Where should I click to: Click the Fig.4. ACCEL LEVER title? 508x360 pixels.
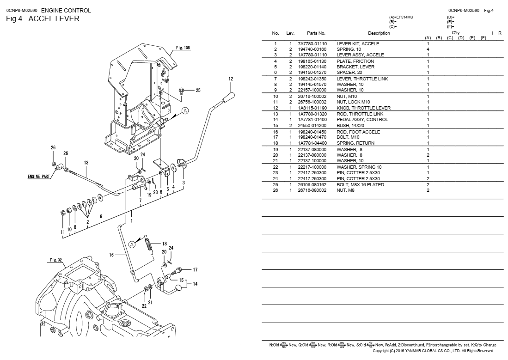(43, 19)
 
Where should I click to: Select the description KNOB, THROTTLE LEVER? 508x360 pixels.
(363, 108)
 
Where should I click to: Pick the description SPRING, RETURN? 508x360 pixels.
(355, 143)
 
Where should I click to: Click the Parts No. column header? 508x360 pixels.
(316, 33)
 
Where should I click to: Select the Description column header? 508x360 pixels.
(379, 33)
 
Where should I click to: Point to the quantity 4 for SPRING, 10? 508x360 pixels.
(428, 49)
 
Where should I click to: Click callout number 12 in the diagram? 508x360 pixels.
(231, 79)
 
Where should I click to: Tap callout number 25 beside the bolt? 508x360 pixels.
(198, 90)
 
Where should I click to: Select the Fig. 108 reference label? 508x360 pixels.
(183, 48)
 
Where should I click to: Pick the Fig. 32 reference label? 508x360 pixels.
(56, 260)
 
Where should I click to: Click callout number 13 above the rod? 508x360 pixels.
(86, 163)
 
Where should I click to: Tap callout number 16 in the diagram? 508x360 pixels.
(111, 255)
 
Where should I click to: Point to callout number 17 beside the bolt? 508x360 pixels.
(195, 269)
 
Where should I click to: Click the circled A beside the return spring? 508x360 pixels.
(132, 244)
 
